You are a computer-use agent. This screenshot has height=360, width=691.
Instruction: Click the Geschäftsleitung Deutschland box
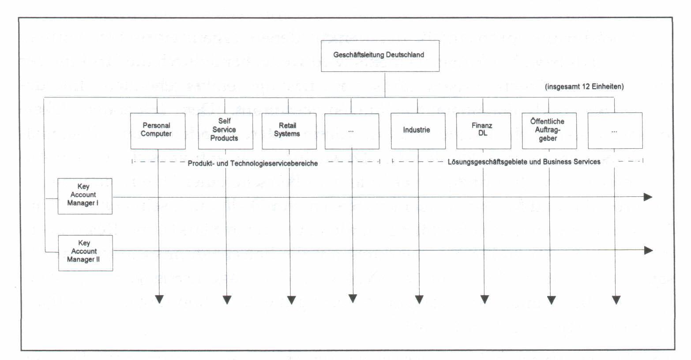380,56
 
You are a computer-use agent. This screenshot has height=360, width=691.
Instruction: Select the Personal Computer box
158,131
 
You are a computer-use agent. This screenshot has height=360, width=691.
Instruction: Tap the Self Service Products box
225,131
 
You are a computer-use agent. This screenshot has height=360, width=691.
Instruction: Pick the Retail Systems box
289,131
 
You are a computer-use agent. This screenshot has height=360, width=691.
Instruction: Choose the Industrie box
418,131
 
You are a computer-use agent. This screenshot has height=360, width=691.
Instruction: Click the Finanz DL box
484,131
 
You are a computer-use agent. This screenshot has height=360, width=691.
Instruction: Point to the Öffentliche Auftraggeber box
549,131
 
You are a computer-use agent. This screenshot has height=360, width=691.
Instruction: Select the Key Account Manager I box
85,196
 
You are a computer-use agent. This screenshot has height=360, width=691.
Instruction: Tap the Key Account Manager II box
86,253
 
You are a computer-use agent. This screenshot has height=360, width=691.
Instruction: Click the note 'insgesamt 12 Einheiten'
584,86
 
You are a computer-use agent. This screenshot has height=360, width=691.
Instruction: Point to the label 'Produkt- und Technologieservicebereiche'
253,164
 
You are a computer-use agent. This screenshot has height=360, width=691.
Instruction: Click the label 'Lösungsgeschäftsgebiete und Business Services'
524,162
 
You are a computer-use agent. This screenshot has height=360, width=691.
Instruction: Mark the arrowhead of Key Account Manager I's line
648,197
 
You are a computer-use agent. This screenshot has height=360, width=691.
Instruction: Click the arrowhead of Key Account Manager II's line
649,251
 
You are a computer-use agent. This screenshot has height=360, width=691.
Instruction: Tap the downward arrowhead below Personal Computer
159,299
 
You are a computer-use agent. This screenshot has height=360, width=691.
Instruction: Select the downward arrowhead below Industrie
419,300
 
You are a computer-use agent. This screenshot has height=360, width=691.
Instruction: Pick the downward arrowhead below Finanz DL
484,300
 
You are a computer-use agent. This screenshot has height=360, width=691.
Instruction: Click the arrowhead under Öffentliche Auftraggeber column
551,300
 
